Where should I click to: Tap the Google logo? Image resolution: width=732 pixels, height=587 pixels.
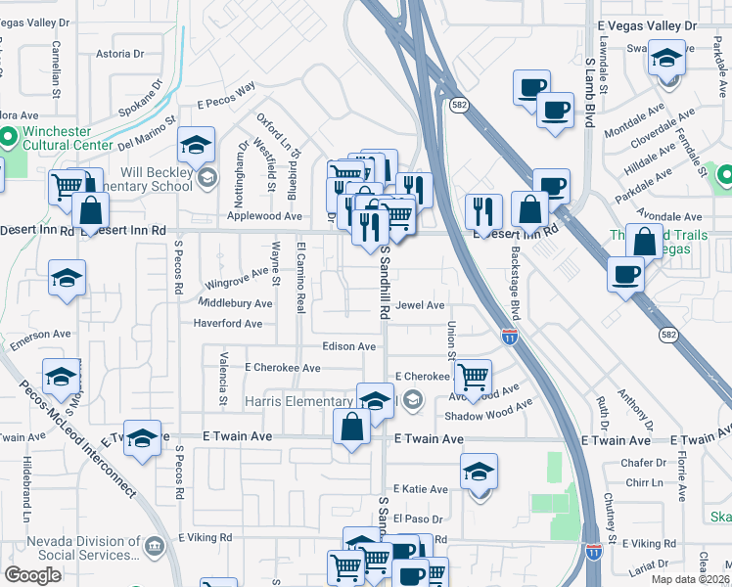32,575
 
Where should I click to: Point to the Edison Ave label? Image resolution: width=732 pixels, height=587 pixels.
349,346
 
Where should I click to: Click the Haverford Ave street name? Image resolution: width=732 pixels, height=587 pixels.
228,323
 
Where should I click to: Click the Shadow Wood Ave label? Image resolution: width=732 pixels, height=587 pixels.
488,411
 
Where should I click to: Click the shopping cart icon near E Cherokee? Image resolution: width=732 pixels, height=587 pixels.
473,377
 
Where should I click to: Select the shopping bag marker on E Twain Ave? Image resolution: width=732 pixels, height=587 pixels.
351,428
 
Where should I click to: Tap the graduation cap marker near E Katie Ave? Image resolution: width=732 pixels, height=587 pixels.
479,472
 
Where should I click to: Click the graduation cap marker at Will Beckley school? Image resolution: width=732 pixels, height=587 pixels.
196,147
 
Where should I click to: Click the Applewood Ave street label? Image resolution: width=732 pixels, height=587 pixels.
264,215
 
